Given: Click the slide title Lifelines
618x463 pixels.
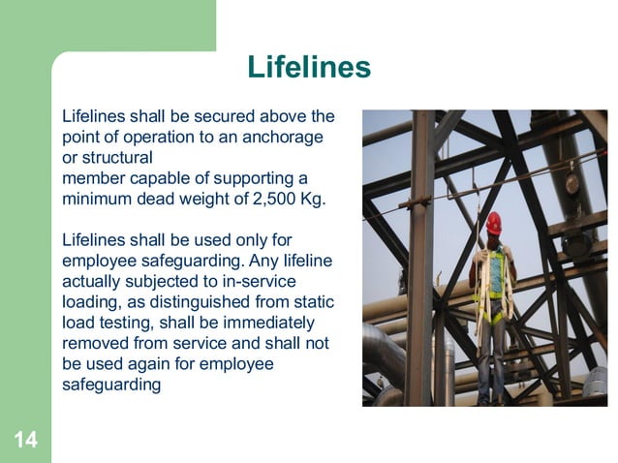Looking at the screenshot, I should pyautogui.click(x=309, y=67).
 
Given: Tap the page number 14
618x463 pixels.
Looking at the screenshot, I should pyautogui.click(x=25, y=441).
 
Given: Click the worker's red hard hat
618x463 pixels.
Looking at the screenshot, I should pyautogui.click(x=494, y=222).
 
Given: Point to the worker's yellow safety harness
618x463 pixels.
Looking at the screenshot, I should pyautogui.click(x=494, y=281).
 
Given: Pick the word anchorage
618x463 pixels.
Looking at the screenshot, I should pyautogui.click(x=286, y=138).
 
